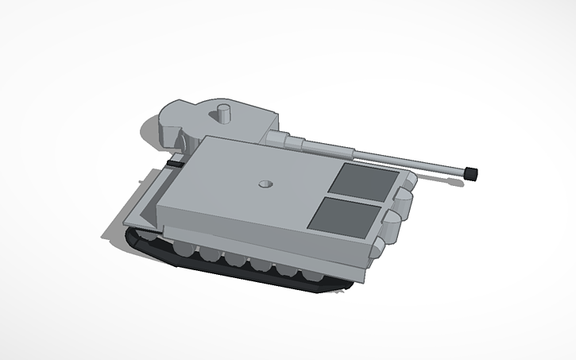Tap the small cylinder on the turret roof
tap(224, 114)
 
